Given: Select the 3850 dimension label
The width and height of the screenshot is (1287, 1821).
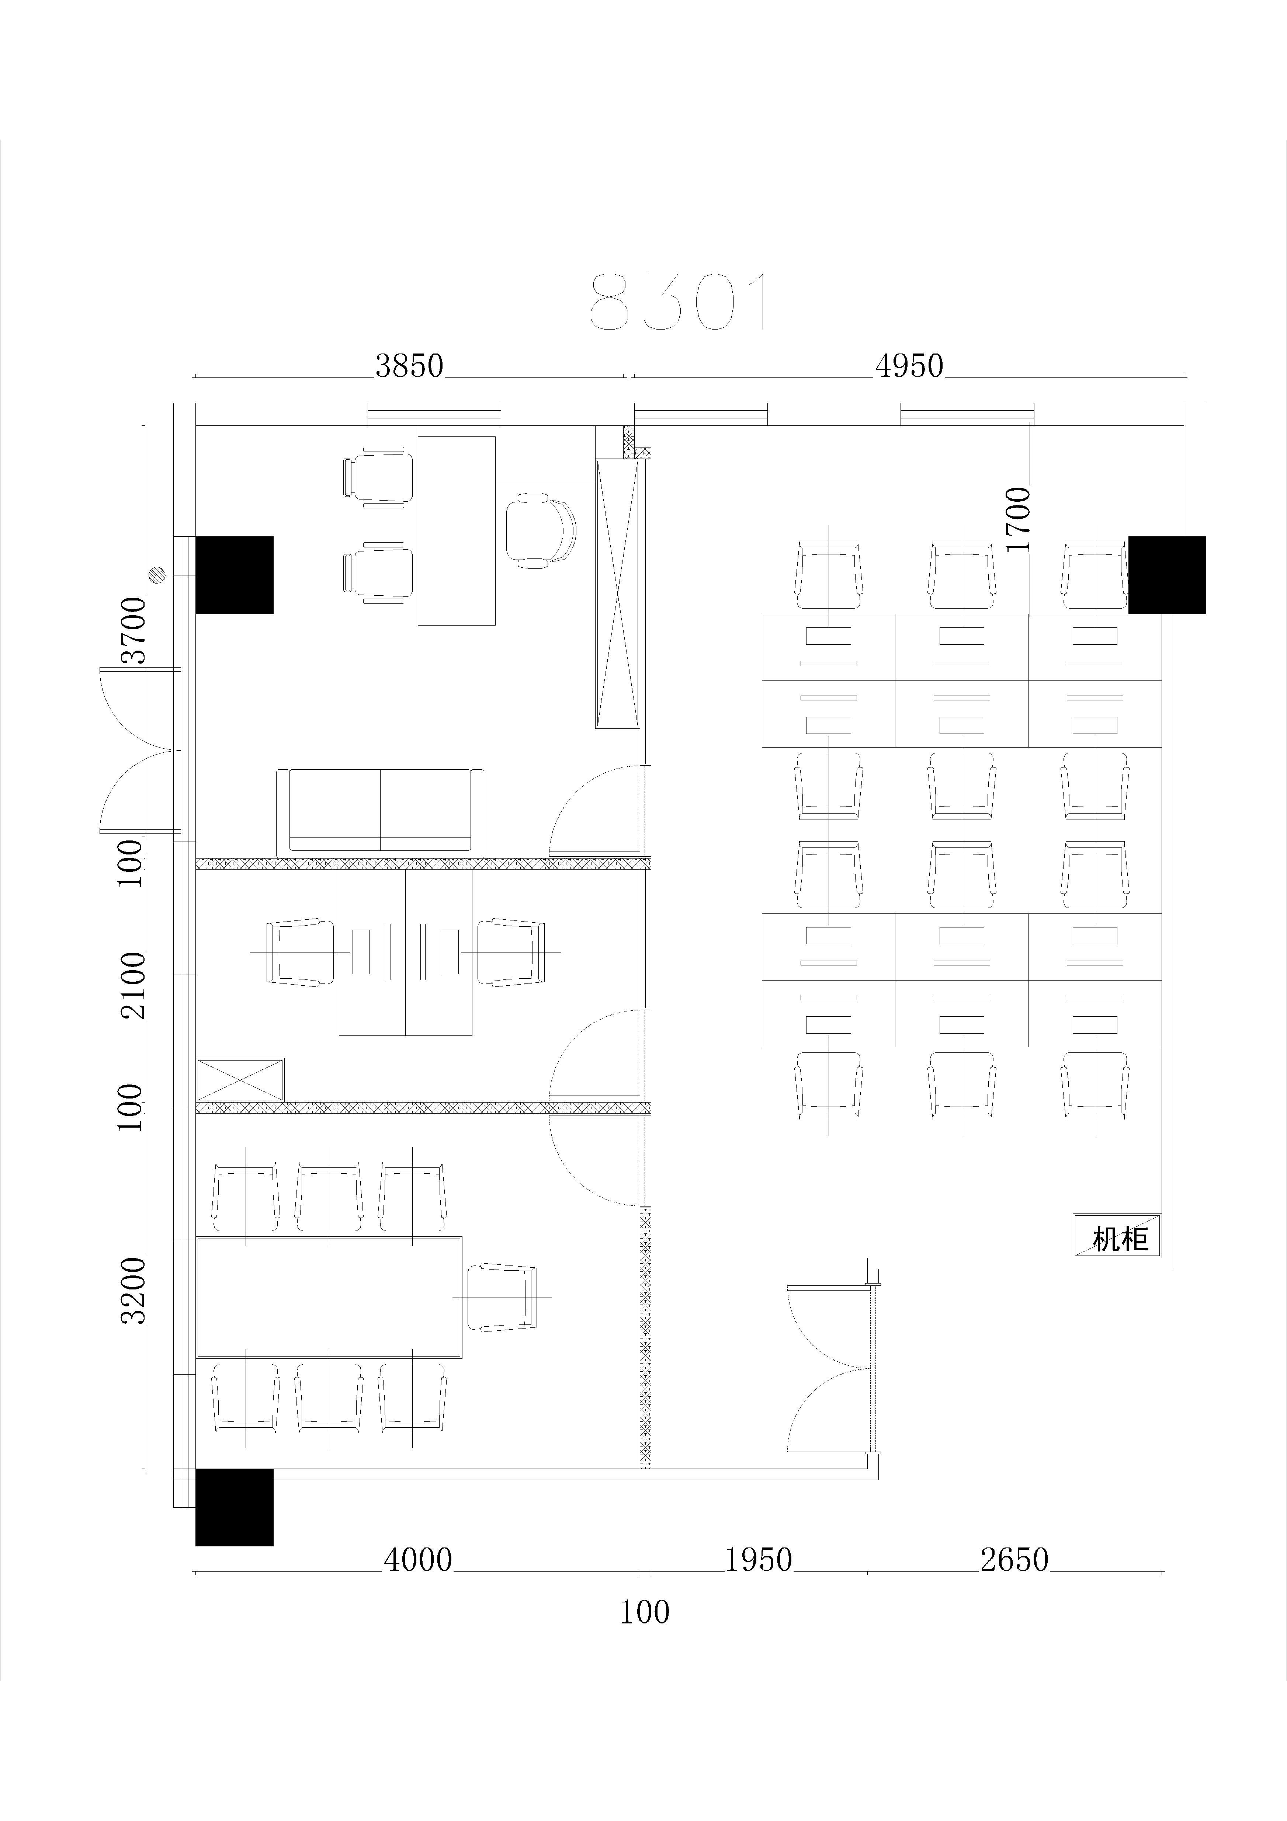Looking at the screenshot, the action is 409,366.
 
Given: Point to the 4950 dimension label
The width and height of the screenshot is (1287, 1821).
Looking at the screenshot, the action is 909,366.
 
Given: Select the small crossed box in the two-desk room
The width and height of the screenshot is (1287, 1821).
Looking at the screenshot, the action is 240,1079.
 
